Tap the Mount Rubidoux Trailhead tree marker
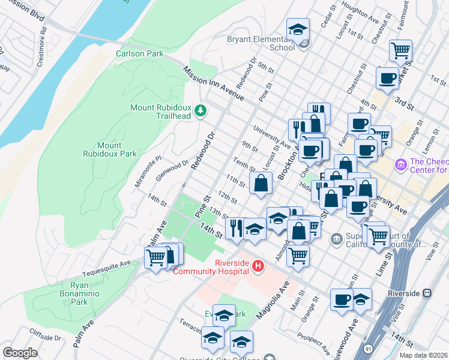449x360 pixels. coord(200,111)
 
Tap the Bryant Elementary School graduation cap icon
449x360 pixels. coord(297,31)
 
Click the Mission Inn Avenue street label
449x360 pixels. coord(214,83)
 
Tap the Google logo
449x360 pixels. coord(20,353)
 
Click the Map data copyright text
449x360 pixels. coord(424,355)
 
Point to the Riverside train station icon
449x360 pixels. coord(427,293)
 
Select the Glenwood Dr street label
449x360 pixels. coord(173,166)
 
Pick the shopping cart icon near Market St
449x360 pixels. coord(400,51)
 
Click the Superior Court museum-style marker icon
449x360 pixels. coord(336,239)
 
